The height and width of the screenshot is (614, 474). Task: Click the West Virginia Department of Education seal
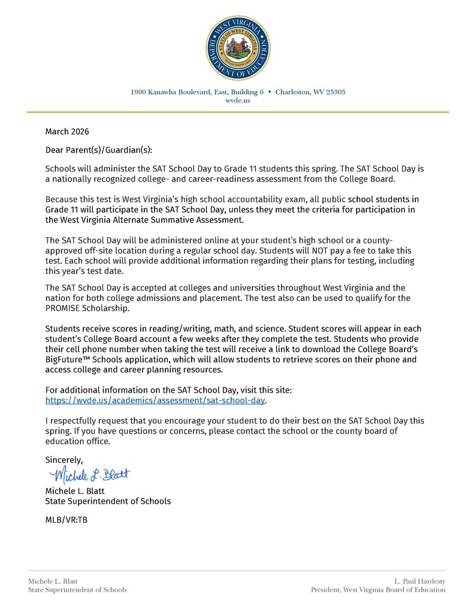click(x=237, y=48)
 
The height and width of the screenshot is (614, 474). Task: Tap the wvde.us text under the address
click(x=237, y=101)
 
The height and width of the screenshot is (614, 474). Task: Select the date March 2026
click(x=67, y=131)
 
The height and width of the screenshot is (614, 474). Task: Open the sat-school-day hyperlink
click(x=155, y=400)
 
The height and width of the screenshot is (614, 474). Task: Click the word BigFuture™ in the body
click(x=68, y=360)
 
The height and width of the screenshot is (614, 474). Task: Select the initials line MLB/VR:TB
click(x=67, y=520)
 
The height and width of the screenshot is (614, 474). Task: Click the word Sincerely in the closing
click(x=64, y=460)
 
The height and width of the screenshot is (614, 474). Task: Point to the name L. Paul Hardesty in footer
click(x=419, y=582)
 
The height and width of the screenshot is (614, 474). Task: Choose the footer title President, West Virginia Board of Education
click(x=378, y=590)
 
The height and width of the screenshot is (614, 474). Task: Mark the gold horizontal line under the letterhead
click(x=237, y=112)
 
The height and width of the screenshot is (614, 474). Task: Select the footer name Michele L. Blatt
click(x=53, y=582)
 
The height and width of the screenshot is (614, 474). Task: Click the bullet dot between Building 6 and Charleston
click(x=270, y=92)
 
